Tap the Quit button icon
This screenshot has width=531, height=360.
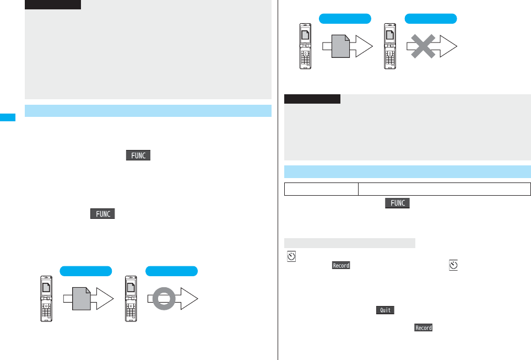(385, 310)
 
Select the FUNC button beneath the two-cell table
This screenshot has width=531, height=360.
(398, 203)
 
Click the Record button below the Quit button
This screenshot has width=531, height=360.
(423, 328)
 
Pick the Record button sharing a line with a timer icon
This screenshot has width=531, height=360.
(341, 266)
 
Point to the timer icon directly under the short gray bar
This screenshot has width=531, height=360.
(291, 256)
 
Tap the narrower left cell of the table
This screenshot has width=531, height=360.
(321, 189)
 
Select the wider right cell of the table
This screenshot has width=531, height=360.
(444, 189)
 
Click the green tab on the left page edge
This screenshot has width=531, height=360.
(8, 117)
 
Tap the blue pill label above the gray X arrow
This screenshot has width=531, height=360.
(431, 19)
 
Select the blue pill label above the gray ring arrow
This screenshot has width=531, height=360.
(171, 271)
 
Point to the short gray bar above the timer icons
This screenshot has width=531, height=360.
(349, 243)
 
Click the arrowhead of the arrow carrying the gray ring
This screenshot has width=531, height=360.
(189, 300)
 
